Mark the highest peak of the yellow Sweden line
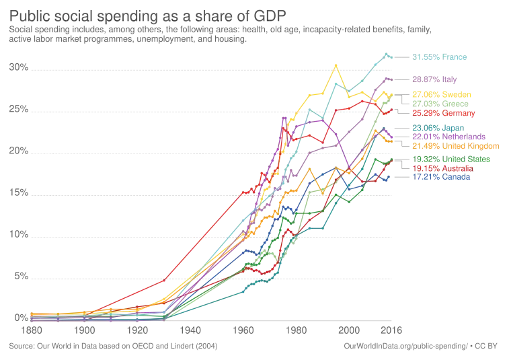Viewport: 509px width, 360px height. tap(336, 64)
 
